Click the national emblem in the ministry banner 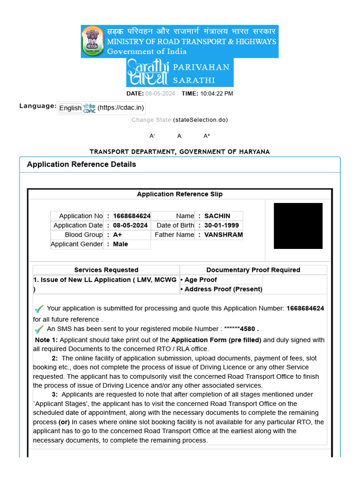coord(93,41)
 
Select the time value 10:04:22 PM coord(217,93)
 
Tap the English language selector coord(70,108)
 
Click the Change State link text coord(151,120)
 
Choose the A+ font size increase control coord(207,136)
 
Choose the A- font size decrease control coord(152,136)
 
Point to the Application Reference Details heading coord(82,165)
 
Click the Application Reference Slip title coord(180,194)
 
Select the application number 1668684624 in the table coord(132,216)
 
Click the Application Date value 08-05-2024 coord(130,225)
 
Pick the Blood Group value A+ coord(117,235)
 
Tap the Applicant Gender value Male coord(120,244)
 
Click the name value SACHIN coord(217,216)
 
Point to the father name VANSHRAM coord(223,235)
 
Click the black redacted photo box coord(298,226)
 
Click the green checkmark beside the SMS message coord(39,329)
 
